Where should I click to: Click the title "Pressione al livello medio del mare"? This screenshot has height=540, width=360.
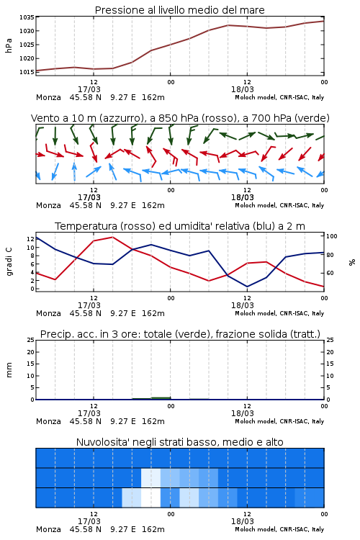pos(179,10)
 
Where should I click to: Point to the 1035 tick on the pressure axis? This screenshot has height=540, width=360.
pos(27,17)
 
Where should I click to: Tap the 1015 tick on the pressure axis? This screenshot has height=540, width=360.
pos(27,72)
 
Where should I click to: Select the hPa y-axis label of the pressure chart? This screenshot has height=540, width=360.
pos(9,45)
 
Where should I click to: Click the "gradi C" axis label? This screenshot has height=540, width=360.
pos(9,262)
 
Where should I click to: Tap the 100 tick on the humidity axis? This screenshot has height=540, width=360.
pos(331,236)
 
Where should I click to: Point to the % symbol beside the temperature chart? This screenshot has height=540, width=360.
pos(352,262)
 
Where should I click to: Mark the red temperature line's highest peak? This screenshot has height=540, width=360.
pos(112,237)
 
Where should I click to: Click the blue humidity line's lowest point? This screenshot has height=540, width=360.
pos(248,287)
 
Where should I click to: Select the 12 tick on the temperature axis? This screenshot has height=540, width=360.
pos(30,239)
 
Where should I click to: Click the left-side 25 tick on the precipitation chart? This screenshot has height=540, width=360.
pos(31,341)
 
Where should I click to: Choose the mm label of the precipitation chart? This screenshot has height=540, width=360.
pos(9,370)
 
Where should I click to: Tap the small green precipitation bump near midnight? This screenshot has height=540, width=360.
pos(161,397)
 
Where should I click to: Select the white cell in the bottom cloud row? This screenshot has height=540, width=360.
pos(151,498)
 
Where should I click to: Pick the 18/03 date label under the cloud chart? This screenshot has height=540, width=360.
pos(243,521)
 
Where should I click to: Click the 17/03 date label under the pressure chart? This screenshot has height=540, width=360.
pos(89,89)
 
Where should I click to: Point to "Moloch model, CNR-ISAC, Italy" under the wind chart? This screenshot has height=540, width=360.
pos(279,206)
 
